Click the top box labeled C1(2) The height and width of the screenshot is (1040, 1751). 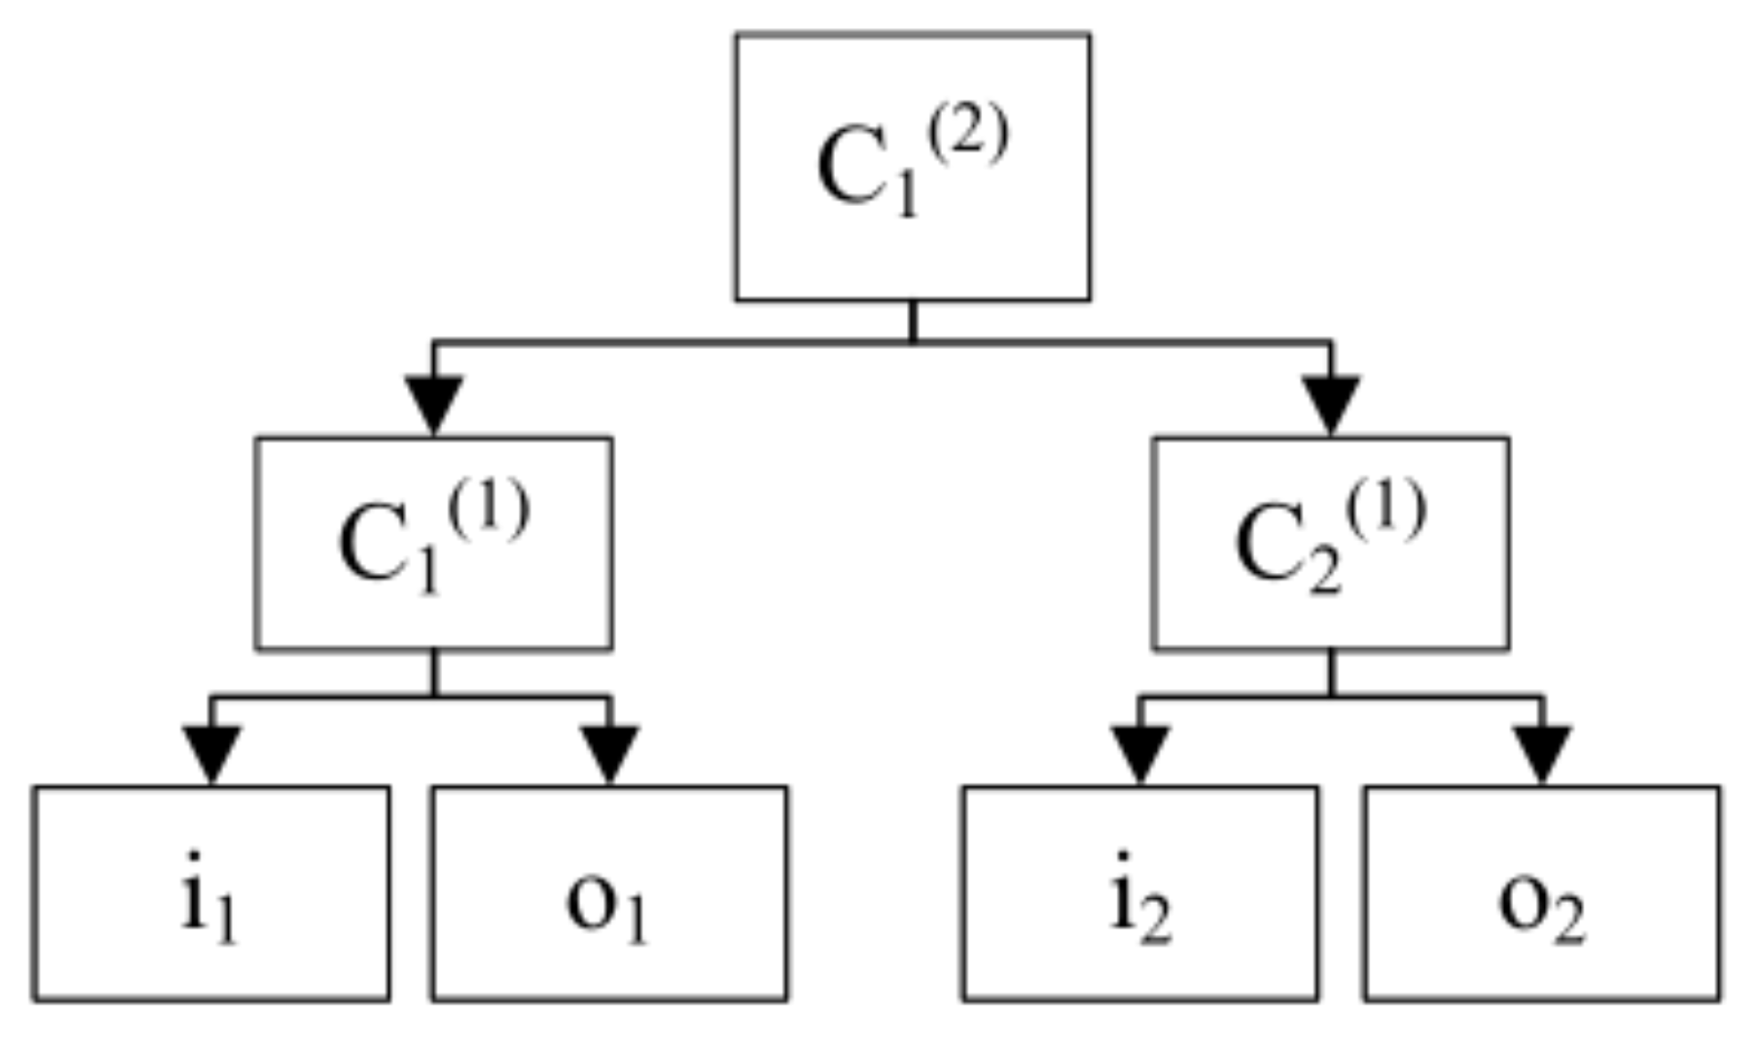tap(912, 167)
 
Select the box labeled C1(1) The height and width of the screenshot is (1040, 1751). tap(433, 544)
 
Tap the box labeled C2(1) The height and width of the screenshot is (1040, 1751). tap(1330, 544)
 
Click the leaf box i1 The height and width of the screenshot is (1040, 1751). tap(211, 893)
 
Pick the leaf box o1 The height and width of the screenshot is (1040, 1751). tap(609, 893)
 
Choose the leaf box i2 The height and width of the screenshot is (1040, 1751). tap(1140, 893)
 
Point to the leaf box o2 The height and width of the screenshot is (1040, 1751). tap(1541, 893)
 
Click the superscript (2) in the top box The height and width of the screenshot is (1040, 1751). tap(967, 135)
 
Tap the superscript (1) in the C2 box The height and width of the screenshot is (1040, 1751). tap(1385, 511)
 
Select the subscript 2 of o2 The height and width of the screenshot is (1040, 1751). tap(1568, 923)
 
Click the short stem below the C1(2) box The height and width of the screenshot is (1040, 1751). tap(912, 320)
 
